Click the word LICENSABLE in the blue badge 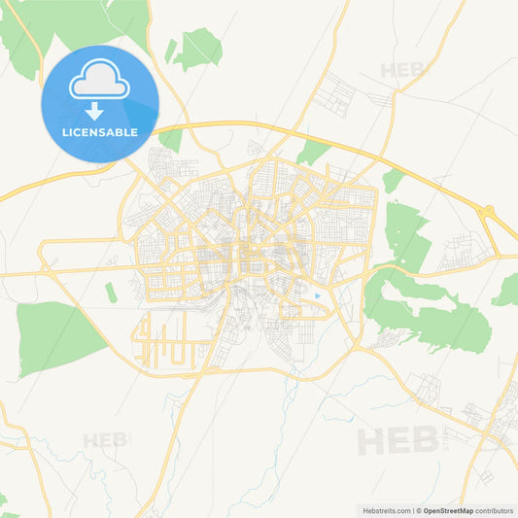click(100, 132)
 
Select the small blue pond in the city click(317, 295)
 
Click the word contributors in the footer click(494, 509)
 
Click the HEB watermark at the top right click(403, 70)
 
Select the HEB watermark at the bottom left click(106, 439)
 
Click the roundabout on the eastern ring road click(489, 211)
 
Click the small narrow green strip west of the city click(110, 291)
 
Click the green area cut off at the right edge click(507, 289)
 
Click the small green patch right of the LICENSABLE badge click(171, 138)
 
